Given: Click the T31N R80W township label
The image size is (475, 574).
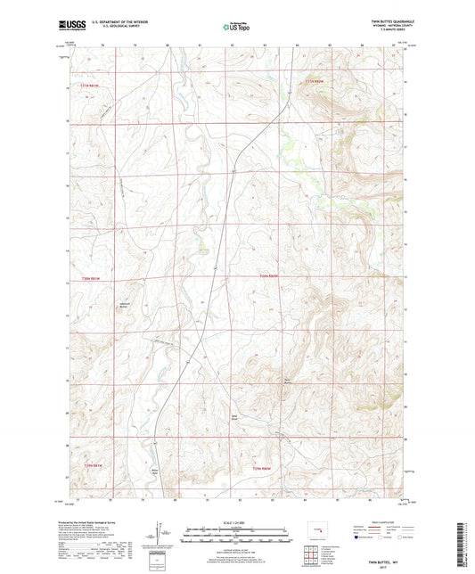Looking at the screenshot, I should [x=307, y=81].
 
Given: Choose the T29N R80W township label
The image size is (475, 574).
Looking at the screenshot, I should [x=260, y=469].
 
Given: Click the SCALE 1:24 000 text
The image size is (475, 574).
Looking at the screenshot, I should [x=237, y=521].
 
